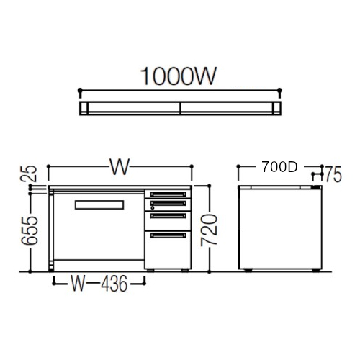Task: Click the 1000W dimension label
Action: coord(179,76)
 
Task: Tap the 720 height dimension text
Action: coord(210,230)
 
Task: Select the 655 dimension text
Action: coord(30,230)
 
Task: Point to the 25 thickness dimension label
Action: coord(28,174)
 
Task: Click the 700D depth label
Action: coord(280,167)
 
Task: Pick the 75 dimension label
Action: coord(333,175)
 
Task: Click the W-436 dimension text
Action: coord(99,284)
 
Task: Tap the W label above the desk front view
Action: coord(120,166)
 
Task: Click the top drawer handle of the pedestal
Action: coord(168,194)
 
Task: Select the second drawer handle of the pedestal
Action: coord(168,204)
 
